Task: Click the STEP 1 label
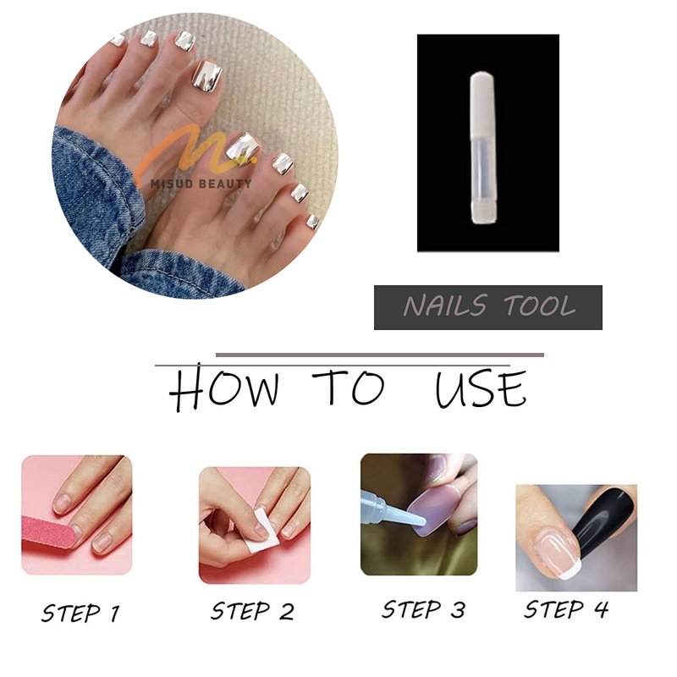[x=80, y=613]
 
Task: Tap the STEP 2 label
[x=252, y=611]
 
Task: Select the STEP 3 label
[x=424, y=609]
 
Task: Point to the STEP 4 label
[x=566, y=609]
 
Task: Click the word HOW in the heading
[x=224, y=388]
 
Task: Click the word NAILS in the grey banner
[x=446, y=305]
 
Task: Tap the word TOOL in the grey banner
[x=540, y=305]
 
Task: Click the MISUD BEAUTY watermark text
[x=201, y=184]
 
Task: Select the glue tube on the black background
[x=483, y=148]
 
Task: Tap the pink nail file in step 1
[x=49, y=531]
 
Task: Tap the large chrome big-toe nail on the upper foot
[x=206, y=75]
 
